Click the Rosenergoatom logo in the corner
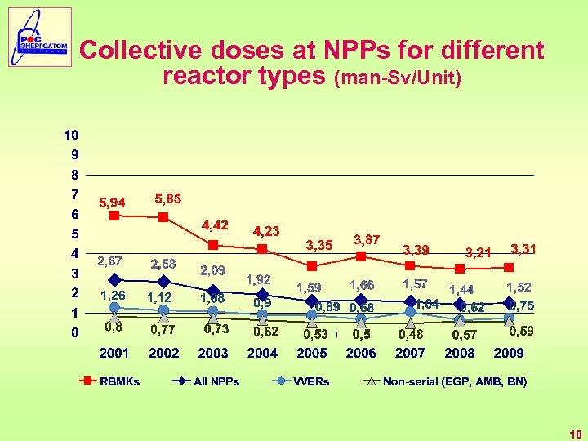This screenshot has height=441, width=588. pos(40,37)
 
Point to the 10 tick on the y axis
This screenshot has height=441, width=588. pos(72,135)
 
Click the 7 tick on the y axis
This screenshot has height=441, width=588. pos(74,194)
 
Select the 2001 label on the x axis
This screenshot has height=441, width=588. pos(114,353)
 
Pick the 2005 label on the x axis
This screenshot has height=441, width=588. pos(312,353)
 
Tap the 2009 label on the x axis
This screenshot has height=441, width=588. pos(509,353)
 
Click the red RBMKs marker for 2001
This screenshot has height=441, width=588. pos(114,216)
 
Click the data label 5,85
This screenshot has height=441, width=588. pos(168,198)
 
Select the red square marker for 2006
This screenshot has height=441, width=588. pos(361,256)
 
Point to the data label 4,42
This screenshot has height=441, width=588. pos(215,225)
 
